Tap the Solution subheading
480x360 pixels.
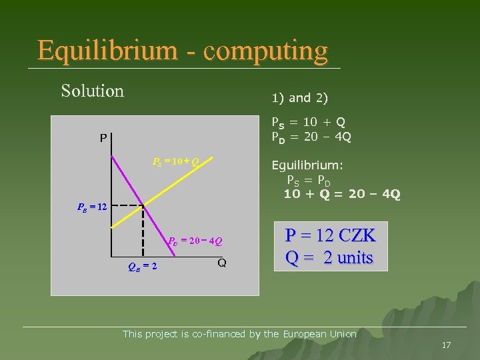tap(92, 91)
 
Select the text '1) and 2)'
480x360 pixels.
tap(299, 98)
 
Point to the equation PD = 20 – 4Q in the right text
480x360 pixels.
tap(310, 137)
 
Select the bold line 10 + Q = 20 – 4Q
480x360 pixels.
tap(341, 194)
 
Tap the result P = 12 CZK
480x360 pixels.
tap(330, 235)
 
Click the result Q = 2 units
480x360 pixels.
tap(330, 257)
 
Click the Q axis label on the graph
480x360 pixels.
tap(221, 263)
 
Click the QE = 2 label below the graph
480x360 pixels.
tap(142, 267)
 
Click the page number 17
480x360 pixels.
tap(446, 345)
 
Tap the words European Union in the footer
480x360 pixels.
tap(320, 334)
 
